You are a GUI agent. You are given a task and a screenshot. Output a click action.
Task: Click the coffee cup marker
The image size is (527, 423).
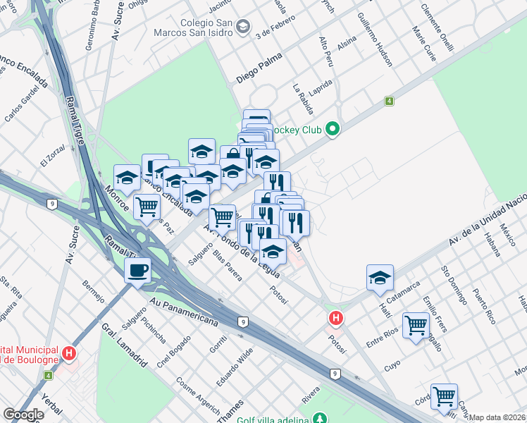pos(137,270)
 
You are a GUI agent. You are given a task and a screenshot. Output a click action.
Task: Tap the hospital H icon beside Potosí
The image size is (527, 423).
pos(336,319)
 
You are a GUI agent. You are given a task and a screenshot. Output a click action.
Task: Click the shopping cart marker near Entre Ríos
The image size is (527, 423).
pos(416,325)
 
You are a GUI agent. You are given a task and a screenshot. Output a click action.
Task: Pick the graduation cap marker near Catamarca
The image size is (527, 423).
pos(380,278)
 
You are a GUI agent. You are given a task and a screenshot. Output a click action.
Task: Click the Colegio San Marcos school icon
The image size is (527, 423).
pos(243,27)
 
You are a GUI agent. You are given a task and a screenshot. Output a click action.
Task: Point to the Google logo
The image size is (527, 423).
pos(23,415)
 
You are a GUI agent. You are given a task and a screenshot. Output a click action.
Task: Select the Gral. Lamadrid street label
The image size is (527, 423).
pos(124,346)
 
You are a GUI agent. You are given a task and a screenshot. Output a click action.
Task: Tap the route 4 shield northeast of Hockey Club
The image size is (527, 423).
pos(389,102)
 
